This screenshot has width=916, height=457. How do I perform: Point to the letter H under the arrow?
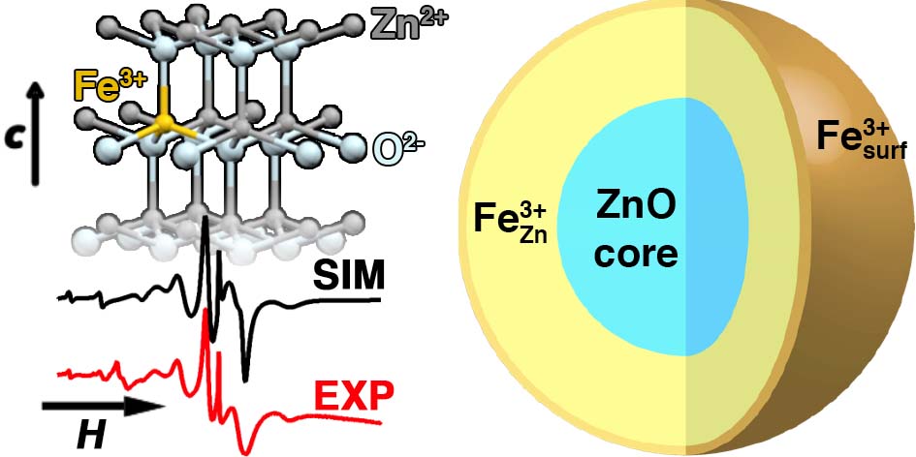[x=91, y=437]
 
